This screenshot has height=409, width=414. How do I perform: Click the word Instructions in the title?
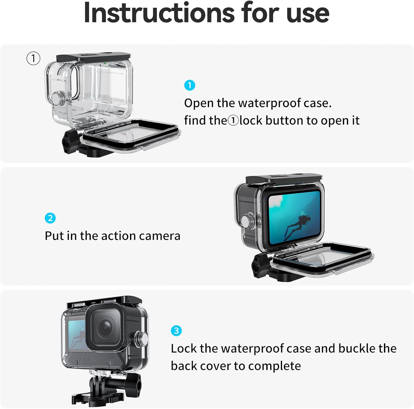point(159,12)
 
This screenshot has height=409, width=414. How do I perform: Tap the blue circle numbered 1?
point(190,85)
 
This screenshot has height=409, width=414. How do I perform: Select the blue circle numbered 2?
point(50,218)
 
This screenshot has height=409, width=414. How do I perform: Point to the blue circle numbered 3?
point(176,330)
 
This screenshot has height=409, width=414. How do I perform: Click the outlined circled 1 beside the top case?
point(33,58)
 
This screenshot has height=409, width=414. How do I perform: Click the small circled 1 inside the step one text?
point(233,120)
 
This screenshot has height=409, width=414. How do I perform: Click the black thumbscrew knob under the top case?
point(70,142)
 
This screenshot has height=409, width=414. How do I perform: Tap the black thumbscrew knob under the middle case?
point(259,265)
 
